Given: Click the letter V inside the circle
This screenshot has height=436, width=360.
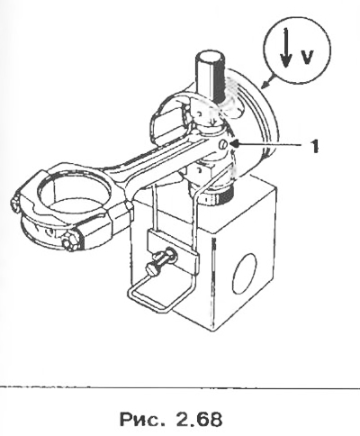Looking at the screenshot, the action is (308, 57).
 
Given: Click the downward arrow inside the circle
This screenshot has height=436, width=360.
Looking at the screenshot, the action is (286, 48).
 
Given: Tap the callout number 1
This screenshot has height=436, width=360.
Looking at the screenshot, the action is (314, 147).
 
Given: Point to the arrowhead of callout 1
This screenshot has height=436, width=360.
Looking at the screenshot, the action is (236, 144).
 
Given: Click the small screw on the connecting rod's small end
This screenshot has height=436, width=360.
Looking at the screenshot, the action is (222, 144).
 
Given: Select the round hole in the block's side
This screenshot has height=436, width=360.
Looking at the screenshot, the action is (244, 274).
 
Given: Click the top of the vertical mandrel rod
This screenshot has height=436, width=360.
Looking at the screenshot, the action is (210, 57).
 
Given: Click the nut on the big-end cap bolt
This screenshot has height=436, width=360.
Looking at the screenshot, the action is (70, 241).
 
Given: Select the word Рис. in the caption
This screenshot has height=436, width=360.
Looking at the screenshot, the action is (142, 419).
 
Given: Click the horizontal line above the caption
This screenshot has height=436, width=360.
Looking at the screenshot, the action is (180, 386).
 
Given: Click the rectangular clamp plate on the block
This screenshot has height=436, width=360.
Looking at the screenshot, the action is (174, 251).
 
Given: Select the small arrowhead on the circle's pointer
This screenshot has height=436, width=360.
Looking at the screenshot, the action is (265, 85).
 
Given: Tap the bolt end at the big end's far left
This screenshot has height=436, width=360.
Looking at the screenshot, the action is (14, 204).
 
